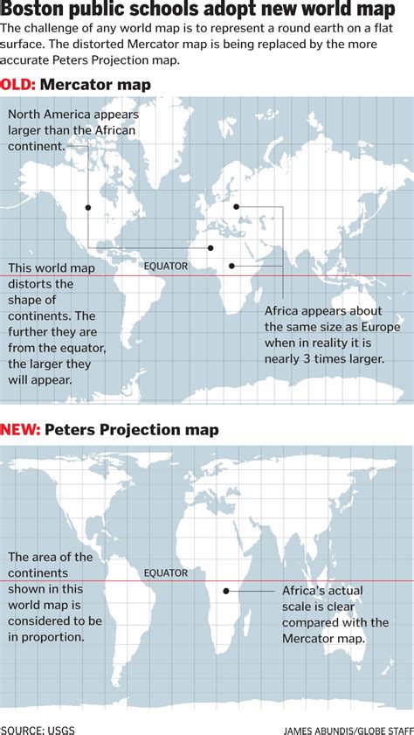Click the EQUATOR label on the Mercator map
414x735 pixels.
(166, 266)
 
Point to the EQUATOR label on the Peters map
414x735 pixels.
(166, 573)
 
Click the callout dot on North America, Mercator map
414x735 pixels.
(88, 207)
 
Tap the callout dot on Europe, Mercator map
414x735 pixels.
(237, 207)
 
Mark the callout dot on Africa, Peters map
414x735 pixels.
(226, 591)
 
